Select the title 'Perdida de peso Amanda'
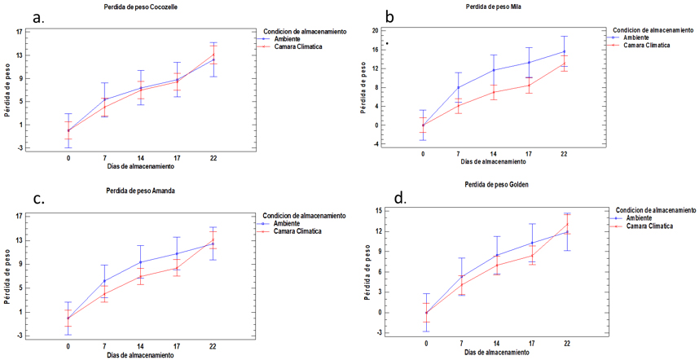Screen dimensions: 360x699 (x=139, y=191)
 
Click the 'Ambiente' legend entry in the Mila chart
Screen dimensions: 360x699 (x=635, y=37)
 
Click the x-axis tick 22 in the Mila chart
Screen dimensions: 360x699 (x=563, y=153)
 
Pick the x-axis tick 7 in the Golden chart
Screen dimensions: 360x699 (x=463, y=342)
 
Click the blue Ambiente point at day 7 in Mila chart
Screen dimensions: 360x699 (x=459, y=87)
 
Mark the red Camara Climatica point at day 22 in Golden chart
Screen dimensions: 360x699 (x=568, y=225)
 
